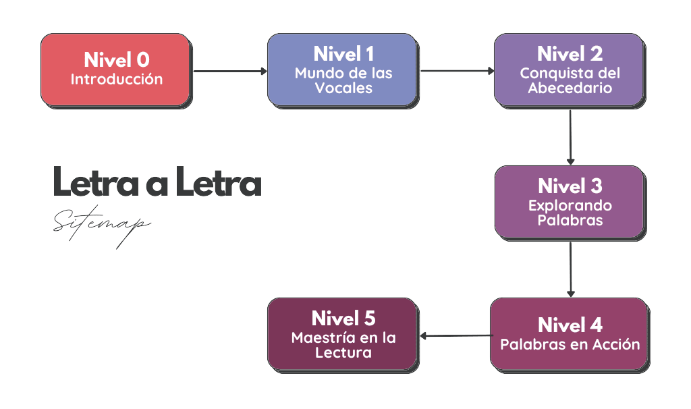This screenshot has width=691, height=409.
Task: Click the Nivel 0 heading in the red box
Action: coord(116,60)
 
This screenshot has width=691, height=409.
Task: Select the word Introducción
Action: coord(116,79)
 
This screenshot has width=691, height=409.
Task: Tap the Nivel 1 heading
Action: coord(343,54)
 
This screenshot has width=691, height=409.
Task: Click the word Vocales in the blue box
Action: coord(343,88)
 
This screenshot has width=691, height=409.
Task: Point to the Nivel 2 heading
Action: coord(570,54)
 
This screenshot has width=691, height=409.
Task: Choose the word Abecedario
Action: coord(570,88)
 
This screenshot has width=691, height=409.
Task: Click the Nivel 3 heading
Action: coord(570,186)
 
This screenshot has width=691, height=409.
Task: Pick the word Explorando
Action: coord(570,205)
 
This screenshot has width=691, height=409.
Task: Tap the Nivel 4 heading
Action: coord(570,325)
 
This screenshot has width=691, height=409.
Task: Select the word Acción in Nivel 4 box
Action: coord(615,344)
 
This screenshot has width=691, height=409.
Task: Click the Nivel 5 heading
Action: coord(343,318)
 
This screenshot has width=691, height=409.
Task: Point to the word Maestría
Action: coord(320,337)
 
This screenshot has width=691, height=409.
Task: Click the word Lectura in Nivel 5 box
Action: coord(343,352)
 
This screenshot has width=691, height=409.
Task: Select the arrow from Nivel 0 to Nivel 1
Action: coord(229,70)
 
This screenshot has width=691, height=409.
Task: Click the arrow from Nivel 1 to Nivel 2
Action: coord(456,70)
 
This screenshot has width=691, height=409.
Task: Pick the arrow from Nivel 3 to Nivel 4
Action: coord(570,268)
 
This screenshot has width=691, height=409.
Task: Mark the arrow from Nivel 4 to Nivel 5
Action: coord(455,335)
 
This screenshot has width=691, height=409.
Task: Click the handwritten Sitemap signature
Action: coord(101,225)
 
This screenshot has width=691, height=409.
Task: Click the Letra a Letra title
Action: coord(157,182)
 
